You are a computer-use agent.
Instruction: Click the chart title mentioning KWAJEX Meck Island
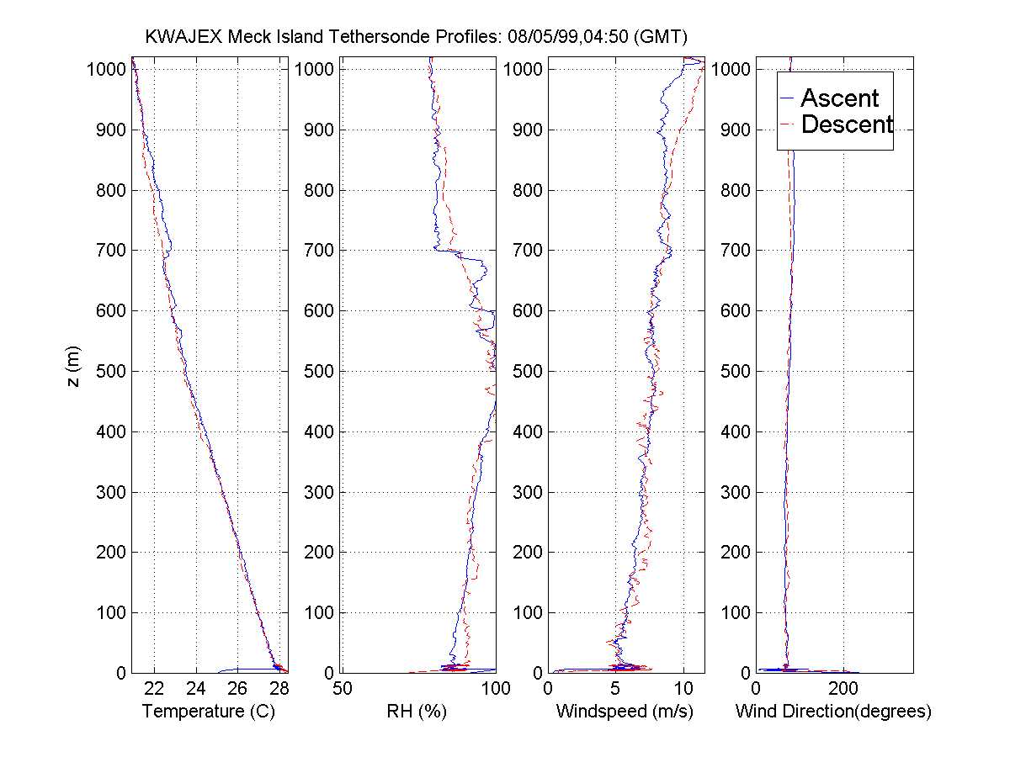417,37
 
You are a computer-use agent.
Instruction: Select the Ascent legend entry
839,98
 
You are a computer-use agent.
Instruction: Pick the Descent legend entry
846,125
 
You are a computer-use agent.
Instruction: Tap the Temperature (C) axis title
210,712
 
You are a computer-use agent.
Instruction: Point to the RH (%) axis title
416,712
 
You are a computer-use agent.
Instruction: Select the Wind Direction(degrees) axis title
833,712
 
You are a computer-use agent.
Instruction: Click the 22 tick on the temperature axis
155,689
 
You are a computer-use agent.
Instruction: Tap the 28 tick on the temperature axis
279,689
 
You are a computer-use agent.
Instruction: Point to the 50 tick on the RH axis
343,689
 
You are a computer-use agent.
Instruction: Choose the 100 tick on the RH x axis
495,689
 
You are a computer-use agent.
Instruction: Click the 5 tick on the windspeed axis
616,689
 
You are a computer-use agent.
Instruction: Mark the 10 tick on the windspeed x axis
683,689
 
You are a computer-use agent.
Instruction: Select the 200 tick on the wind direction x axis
843,689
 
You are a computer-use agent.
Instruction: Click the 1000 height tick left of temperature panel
106,69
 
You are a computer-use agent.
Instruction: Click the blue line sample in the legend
788,98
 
